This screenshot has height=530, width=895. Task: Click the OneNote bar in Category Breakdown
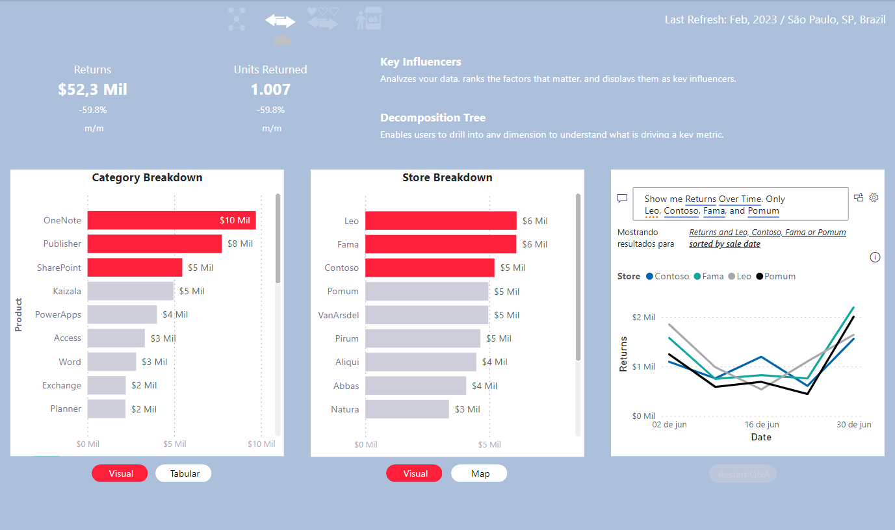tap(172, 220)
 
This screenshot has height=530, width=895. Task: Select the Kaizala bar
tap(130, 291)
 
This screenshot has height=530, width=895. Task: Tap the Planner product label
tap(66, 409)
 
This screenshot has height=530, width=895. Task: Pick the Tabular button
tap(185, 473)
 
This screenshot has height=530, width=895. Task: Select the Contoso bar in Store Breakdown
tap(430, 268)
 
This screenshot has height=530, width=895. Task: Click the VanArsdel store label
tap(338, 315)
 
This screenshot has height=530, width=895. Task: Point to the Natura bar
tap(407, 409)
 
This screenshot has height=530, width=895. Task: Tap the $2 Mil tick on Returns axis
tap(643, 317)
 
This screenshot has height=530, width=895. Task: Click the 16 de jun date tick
tap(761, 425)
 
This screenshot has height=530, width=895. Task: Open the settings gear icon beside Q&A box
tap(874, 197)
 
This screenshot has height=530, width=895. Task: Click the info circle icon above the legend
tap(875, 257)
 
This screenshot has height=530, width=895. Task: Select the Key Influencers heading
tap(421, 62)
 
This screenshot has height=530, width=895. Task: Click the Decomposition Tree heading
tap(433, 118)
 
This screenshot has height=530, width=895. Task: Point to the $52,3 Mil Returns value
tap(92, 90)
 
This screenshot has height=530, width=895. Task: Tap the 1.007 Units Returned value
tap(270, 90)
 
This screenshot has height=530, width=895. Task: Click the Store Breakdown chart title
tap(447, 177)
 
